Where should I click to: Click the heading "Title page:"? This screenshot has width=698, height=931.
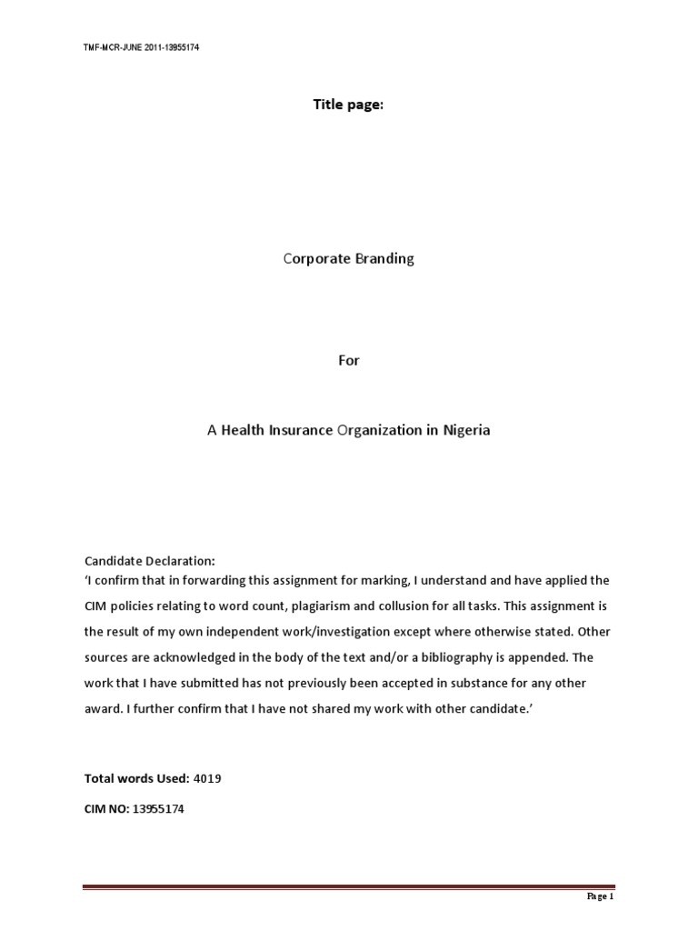tap(348, 105)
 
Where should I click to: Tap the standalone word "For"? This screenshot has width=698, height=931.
tap(349, 360)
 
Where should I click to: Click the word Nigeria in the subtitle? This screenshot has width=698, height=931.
tap(465, 430)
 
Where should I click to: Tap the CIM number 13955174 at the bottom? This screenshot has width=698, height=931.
tap(159, 808)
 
